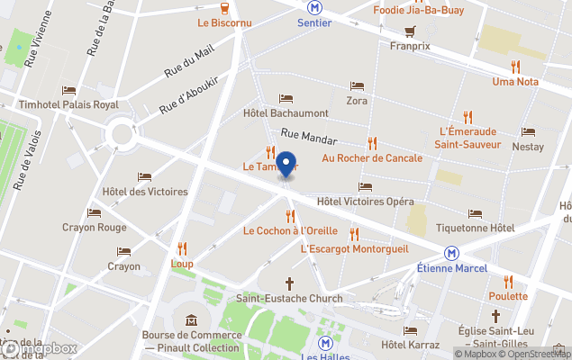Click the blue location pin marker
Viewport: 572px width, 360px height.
pyautogui.click(x=286, y=166)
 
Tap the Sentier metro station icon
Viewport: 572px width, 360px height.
pyautogui.click(x=313, y=6)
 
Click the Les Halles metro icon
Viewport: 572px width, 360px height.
pyautogui.click(x=326, y=343)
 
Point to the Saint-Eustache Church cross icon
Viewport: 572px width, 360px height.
pyautogui.click(x=290, y=283)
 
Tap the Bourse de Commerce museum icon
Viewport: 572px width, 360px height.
pyautogui.click(x=192, y=320)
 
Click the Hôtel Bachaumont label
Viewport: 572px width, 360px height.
pyautogui.click(x=286, y=114)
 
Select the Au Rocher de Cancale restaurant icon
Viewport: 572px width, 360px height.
pyautogui.click(x=372, y=143)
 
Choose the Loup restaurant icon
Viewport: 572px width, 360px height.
pyautogui.click(x=182, y=248)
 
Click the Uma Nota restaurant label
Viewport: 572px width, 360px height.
pyautogui.click(x=515, y=82)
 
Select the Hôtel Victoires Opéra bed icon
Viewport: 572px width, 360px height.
pyautogui.click(x=365, y=186)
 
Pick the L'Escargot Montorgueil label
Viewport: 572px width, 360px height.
pyautogui.click(x=354, y=248)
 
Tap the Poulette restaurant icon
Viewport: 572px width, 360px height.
pyautogui.click(x=508, y=281)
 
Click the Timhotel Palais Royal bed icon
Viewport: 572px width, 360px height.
pyautogui.click(x=69, y=90)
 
